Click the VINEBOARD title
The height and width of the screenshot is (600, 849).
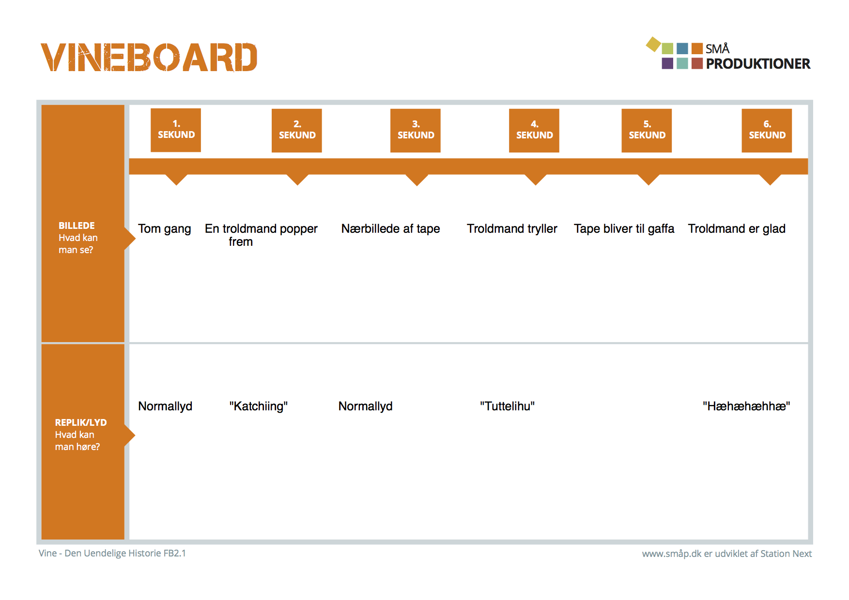click(149, 58)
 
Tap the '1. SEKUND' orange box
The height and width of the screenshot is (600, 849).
click(176, 130)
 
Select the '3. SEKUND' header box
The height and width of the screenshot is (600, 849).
click(416, 130)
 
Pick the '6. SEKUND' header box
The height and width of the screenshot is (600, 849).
click(767, 130)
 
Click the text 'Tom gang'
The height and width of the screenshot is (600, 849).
click(165, 229)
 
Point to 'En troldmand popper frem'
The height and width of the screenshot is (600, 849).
click(261, 235)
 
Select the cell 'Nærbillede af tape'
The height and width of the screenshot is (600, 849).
click(391, 229)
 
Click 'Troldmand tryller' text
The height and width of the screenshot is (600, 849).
click(512, 229)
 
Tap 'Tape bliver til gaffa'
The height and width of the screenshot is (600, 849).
click(624, 229)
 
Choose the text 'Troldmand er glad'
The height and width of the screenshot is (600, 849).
click(737, 229)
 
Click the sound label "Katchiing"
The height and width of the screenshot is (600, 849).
click(259, 406)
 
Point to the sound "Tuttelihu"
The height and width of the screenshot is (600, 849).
click(508, 406)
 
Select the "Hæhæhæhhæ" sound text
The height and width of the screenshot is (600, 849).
click(746, 406)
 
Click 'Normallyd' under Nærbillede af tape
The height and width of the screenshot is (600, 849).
click(365, 406)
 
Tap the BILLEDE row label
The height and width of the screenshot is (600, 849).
click(78, 238)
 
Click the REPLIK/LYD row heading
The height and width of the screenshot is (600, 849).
click(81, 435)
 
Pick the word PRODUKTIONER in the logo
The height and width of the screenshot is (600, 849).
click(758, 64)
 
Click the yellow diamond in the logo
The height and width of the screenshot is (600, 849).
click(653, 45)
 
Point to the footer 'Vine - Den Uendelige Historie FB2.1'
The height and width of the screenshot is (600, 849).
click(112, 553)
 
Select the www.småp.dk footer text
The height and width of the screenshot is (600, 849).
click(727, 554)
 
